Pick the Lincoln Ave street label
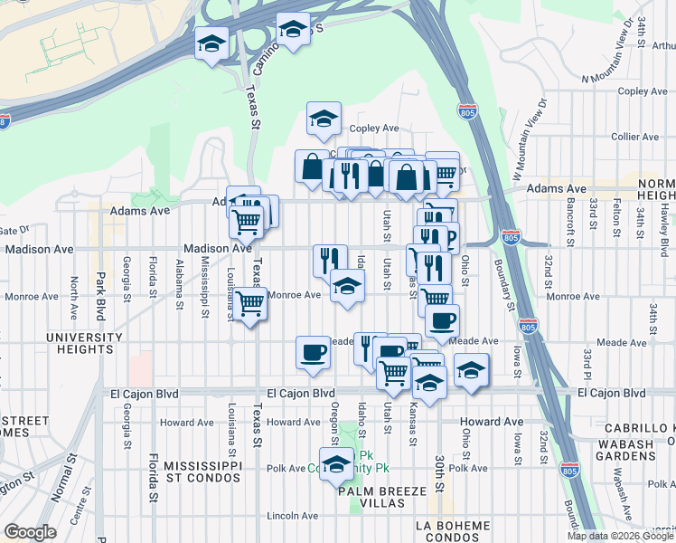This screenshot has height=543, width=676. [x=293, y=515]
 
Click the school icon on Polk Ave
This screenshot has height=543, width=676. [x=336, y=464]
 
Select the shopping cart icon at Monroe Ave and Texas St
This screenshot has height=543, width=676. [x=249, y=303]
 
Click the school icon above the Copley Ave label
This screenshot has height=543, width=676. [x=323, y=118]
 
